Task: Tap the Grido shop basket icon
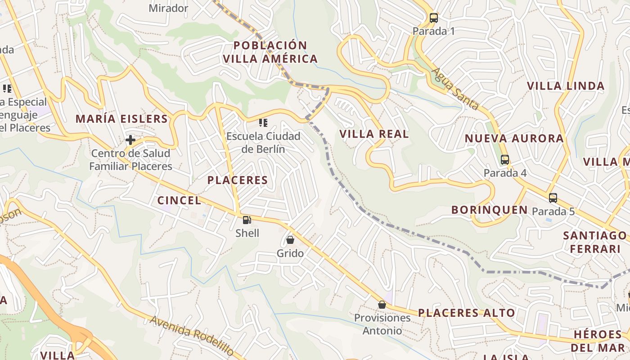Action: (x=290, y=240)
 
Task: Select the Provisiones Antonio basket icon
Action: (x=382, y=305)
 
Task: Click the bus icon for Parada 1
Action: (x=434, y=18)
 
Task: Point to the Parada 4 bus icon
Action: (x=505, y=160)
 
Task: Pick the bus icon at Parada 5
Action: (x=553, y=198)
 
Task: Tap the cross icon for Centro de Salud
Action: (x=130, y=140)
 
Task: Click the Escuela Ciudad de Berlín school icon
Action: (x=263, y=122)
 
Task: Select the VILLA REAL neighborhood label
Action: (x=374, y=134)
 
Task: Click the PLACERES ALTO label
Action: (x=466, y=313)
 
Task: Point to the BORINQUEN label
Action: (x=490, y=210)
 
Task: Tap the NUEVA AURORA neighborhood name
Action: (x=514, y=139)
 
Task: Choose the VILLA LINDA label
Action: (x=566, y=86)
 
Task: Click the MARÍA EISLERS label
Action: (x=121, y=119)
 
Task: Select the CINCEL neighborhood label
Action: (x=179, y=201)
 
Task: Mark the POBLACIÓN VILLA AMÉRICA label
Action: (x=270, y=52)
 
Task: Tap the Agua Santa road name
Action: (x=455, y=89)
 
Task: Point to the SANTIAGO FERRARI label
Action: (x=595, y=242)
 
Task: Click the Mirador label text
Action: (x=168, y=8)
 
